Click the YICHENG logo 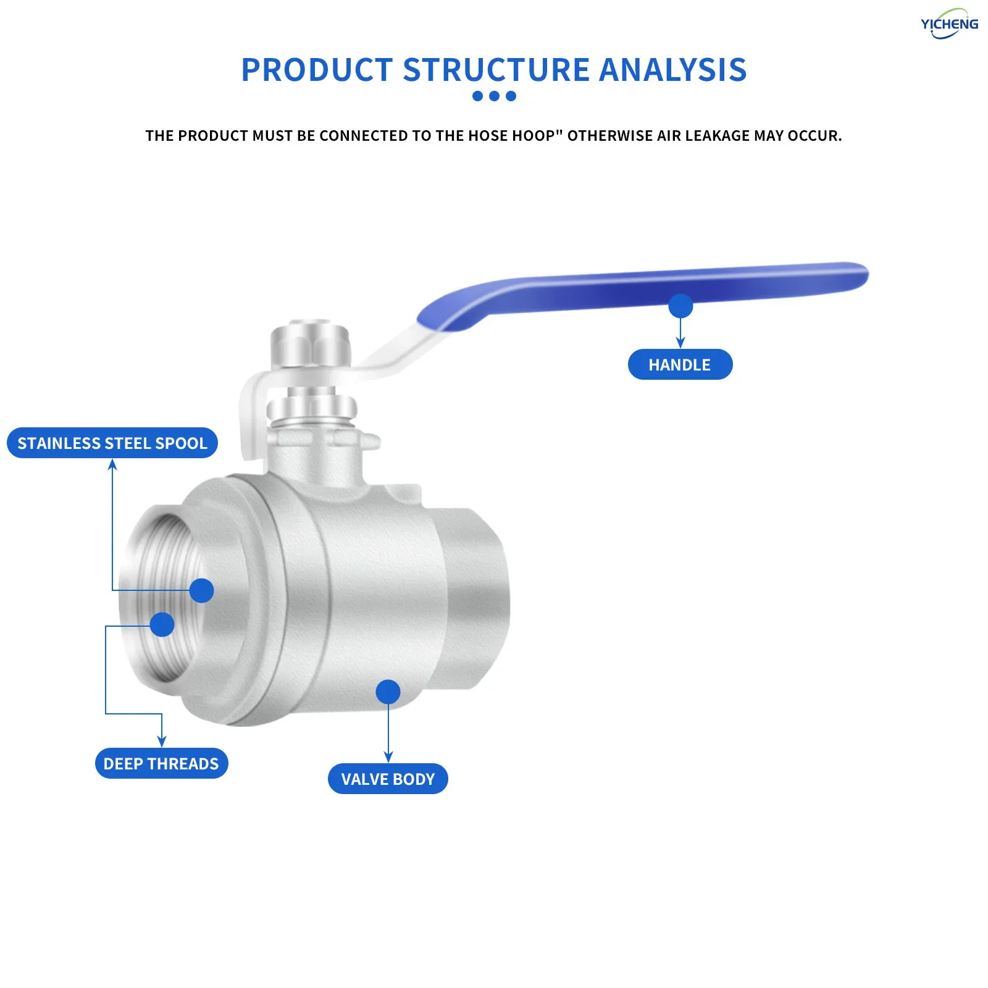[949, 24]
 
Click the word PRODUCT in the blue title [317, 70]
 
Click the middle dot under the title [494, 96]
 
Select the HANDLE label [680, 364]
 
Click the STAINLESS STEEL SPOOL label [112, 443]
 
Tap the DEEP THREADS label [161, 763]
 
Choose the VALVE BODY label [388, 779]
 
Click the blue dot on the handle [680, 306]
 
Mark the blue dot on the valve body [388, 692]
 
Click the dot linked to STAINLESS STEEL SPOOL [201, 590]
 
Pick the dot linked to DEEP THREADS [162, 624]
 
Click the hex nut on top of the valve [311, 346]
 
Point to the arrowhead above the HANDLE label [680, 343]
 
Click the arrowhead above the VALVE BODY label [388, 757]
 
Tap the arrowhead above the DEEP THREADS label [162, 741]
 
